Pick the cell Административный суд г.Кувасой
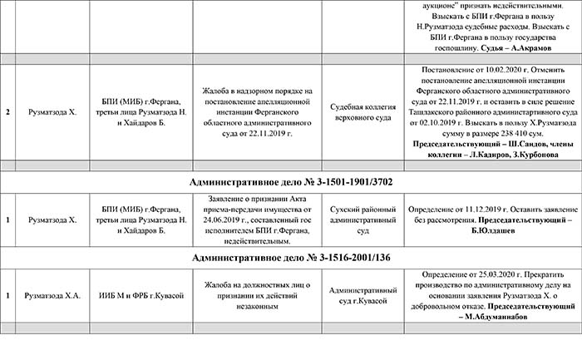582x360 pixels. pyautogui.click(x=358, y=297)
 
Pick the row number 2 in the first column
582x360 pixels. pyautogui.click(x=7, y=111)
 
